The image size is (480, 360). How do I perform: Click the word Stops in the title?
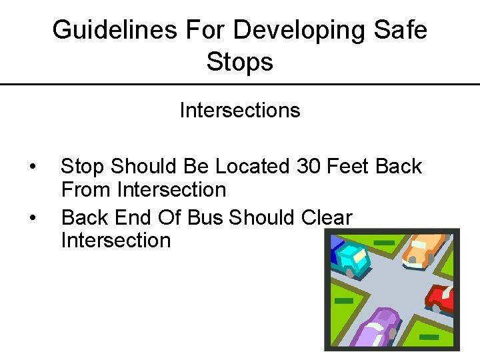[x=240, y=62]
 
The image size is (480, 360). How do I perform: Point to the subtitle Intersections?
[x=240, y=110]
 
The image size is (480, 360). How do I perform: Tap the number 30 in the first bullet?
[x=309, y=166]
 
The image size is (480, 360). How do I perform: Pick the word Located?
[x=250, y=166]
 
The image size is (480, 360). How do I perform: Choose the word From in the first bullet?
[x=87, y=190]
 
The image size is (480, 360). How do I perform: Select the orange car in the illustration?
[x=424, y=250]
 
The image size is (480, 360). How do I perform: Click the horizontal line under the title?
[x=240, y=84]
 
